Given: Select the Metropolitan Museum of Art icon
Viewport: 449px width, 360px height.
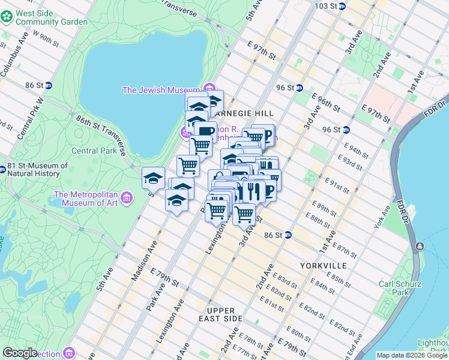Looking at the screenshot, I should [x=126, y=198].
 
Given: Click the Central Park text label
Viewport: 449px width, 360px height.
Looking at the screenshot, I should [x=94, y=151].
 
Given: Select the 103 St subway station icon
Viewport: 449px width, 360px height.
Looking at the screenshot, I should [x=342, y=6].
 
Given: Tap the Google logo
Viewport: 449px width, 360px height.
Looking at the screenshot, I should [x=20, y=353].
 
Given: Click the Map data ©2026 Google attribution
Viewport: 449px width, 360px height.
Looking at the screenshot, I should [x=412, y=355].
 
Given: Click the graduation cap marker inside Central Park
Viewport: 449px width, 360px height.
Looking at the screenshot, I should [x=153, y=178].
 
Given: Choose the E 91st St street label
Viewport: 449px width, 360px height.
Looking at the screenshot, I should [x=337, y=184].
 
